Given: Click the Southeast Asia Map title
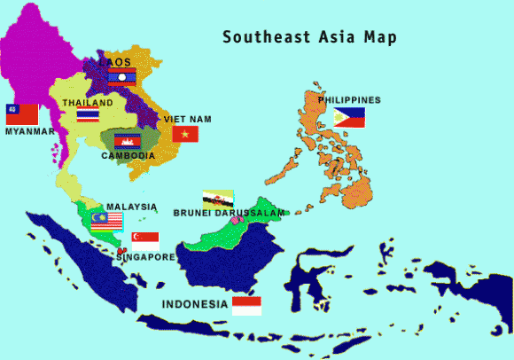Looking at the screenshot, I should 309,37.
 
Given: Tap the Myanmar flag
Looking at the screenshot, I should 22,114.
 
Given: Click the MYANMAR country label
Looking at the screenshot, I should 30,131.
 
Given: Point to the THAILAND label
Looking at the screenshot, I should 88,103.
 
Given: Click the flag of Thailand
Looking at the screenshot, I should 88,115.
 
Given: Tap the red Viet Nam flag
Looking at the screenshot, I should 185,134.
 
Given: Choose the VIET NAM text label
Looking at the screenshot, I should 188,119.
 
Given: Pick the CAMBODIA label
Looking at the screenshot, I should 128,156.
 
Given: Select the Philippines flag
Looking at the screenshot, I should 349,117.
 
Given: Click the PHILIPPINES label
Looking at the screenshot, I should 350,100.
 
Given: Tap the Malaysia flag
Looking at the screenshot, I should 106,218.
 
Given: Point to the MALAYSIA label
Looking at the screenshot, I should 131,206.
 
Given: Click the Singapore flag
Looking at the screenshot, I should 145,239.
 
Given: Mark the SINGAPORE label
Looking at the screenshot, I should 146,257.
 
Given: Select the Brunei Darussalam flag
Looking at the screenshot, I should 218,199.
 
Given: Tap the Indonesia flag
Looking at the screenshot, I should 246,306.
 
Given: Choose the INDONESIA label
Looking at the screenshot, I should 195,304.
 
